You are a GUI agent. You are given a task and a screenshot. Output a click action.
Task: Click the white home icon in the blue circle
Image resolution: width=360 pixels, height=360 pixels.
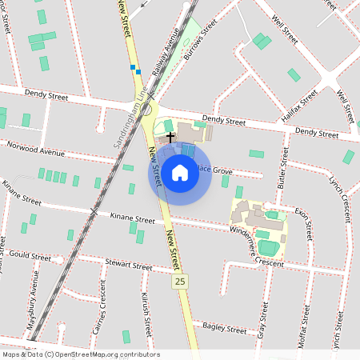pos(180,172)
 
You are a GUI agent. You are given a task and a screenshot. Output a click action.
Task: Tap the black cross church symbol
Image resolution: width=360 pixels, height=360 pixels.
pos(170,138)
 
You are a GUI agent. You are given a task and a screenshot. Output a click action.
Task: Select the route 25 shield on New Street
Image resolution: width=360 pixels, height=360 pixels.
pos(180,282)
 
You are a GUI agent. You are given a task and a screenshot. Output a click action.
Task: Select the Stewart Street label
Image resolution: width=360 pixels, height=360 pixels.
pos(128,266)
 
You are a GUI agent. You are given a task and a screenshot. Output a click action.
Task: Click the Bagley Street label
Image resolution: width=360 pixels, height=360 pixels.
pos(225,327)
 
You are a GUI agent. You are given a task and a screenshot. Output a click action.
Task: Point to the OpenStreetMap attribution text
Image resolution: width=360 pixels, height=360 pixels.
pos(81,354)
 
